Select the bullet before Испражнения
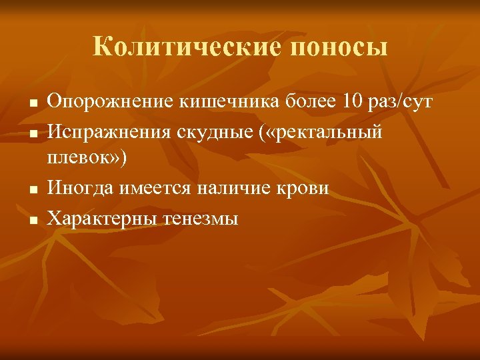31,135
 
